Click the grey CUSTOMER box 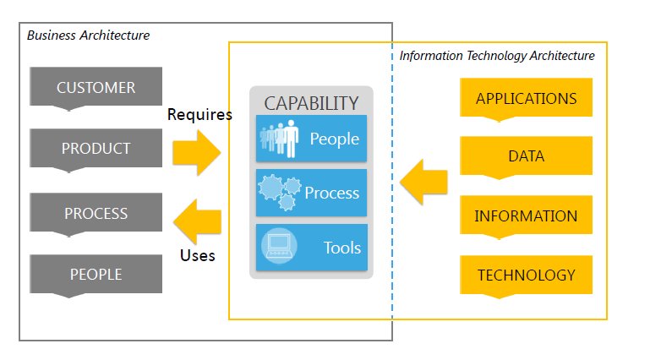(x=96, y=88)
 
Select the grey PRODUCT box (x=96, y=149)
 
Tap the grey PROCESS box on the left (x=96, y=213)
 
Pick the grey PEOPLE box (x=96, y=274)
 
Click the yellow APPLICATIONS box (x=526, y=98)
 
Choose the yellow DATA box (x=526, y=156)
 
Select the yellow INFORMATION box (x=526, y=215)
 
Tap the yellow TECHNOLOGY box (x=526, y=275)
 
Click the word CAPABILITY (x=311, y=103)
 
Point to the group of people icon (x=278, y=139)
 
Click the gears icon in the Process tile (x=279, y=193)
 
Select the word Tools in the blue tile (x=341, y=248)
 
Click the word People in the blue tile (x=335, y=139)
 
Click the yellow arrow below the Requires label (x=197, y=152)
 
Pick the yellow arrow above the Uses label (x=197, y=221)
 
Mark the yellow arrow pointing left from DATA (x=423, y=182)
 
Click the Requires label (x=199, y=115)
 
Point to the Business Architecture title (x=88, y=35)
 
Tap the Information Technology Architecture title (x=497, y=56)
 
